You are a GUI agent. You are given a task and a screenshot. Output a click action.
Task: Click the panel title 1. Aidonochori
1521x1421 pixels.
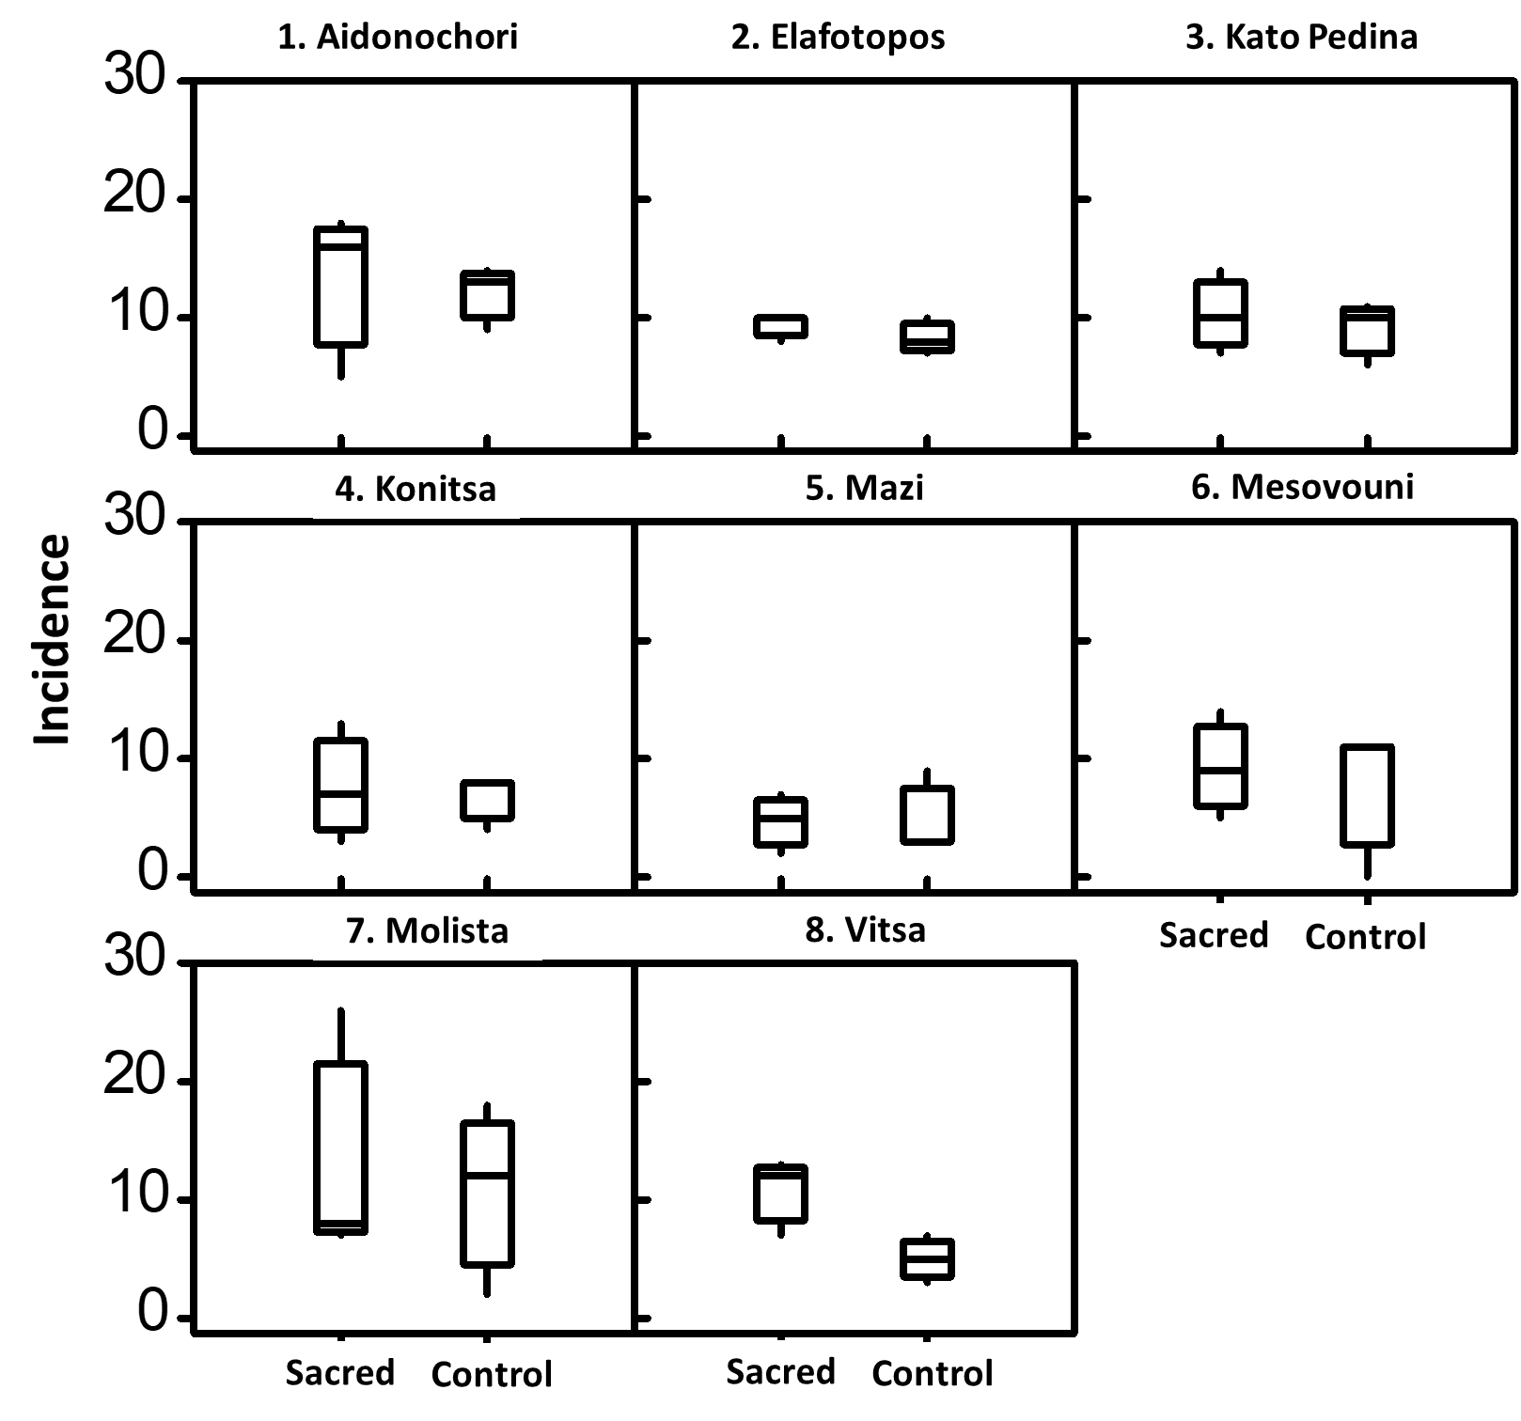[x=398, y=38]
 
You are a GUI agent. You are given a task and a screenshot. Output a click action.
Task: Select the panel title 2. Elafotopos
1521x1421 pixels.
[x=838, y=38]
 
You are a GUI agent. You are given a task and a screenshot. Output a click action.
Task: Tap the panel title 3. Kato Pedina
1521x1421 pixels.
[x=1301, y=38]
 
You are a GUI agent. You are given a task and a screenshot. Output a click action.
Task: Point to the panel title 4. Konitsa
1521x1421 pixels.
[x=415, y=490]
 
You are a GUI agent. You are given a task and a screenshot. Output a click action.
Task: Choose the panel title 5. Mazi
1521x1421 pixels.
[x=864, y=488]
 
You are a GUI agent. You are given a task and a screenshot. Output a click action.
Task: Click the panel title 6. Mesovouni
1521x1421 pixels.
[x=1302, y=487]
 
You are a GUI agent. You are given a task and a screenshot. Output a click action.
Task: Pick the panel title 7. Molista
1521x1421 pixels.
[x=427, y=930]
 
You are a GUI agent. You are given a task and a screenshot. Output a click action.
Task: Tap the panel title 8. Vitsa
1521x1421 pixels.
[x=865, y=929]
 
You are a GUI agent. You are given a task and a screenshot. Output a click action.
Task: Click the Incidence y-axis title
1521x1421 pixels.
[x=53, y=639]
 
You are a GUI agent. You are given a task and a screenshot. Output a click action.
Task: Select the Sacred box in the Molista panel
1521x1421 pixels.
[x=340, y=1148]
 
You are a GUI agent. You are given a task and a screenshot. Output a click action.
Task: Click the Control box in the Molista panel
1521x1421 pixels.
[x=487, y=1194]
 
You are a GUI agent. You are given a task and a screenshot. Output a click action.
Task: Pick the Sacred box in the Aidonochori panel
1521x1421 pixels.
[x=340, y=287]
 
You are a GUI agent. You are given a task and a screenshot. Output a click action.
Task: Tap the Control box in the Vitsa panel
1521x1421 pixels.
[x=928, y=1258]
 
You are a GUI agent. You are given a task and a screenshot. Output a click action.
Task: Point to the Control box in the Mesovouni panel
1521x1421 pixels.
[x=1367, y=796]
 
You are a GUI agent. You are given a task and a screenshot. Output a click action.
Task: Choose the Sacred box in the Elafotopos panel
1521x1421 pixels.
[x=780, y=326]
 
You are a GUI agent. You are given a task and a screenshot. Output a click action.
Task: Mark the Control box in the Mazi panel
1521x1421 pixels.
[x=927, y=815]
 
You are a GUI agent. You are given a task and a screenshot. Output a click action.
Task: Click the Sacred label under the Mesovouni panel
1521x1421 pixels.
[x=1214, y=935]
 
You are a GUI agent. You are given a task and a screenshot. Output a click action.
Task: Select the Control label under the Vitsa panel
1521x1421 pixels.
[x=932, y=1374]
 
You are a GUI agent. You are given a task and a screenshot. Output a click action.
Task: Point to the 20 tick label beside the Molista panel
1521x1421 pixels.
[x=133, y=1076]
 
